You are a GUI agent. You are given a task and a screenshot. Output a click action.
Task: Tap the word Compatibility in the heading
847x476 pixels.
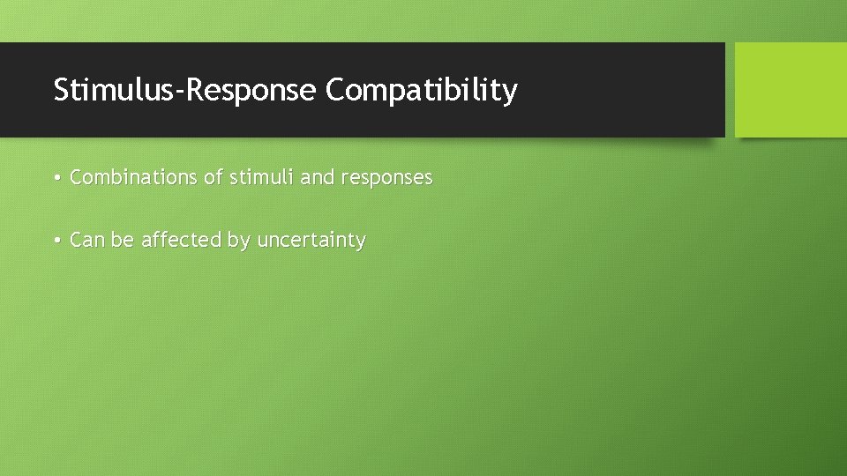pos(421,90)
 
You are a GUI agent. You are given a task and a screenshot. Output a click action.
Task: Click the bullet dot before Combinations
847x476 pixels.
pos(56,178)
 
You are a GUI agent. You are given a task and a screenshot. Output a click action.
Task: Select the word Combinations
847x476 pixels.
pos(134,177)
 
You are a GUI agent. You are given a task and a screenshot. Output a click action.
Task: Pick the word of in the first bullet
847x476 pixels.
pos(214,177)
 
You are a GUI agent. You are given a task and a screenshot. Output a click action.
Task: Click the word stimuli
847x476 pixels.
pos(261,177)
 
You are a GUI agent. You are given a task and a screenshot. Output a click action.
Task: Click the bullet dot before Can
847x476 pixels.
pos(56,241)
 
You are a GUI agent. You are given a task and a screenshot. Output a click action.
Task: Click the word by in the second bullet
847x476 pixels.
pos(238,241)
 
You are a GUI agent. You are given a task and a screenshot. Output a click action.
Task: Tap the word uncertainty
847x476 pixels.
pos(311,240)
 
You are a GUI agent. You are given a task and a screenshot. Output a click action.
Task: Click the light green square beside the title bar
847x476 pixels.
pos(791,90)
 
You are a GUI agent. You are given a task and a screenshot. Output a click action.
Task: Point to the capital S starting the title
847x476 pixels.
pos(61,90)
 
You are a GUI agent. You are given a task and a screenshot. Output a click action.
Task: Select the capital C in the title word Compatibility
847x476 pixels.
pos(336,90)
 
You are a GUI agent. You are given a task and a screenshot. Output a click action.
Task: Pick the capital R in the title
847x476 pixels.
pos(193,90)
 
